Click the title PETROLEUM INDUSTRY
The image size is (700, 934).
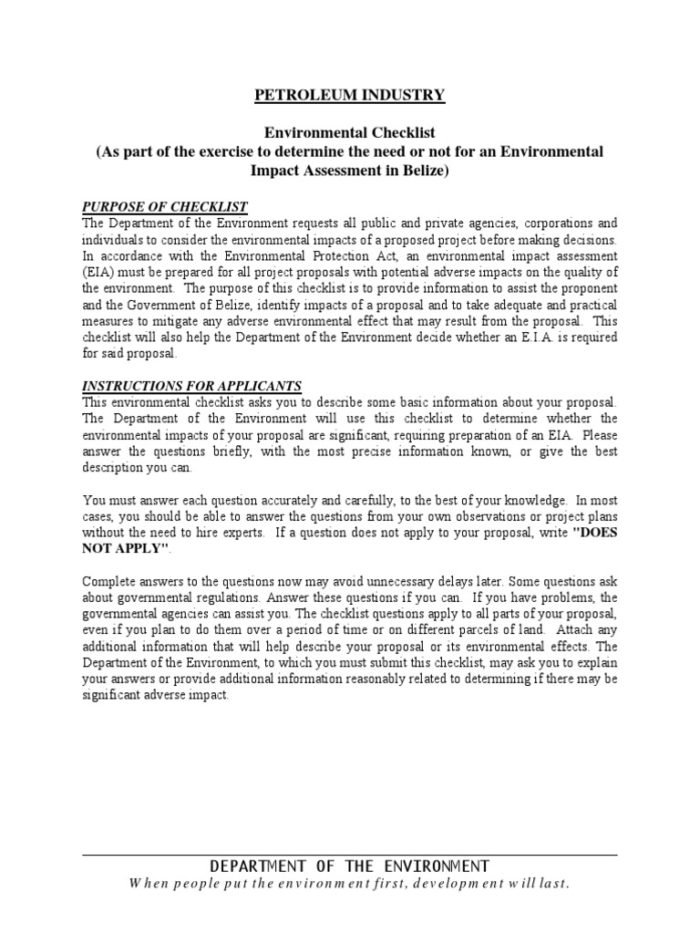pos(350,94)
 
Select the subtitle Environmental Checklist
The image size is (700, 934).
pos(350,132)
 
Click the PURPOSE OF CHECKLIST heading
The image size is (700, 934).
pos(165,207)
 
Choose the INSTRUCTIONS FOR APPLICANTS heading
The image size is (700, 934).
pos(191,387)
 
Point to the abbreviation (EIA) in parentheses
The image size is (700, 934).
pos(98,272)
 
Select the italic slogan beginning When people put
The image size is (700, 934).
pos(350,883)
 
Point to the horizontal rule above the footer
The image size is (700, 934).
pos(350,855)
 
